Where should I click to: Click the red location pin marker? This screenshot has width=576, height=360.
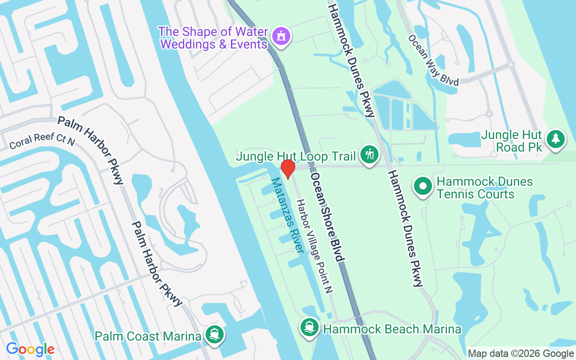pyautogui.click(x=288, y=168)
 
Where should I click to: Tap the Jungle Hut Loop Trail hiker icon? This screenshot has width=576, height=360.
pyautogui.click(x=369, y=155)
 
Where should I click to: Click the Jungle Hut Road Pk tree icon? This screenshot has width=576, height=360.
pyautogui.click(x=556, y=139)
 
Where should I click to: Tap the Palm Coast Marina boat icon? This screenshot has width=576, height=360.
pyautogui.click(x=214, y=335)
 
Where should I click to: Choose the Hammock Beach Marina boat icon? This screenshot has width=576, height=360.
pyautogui.click(x=309, y=328)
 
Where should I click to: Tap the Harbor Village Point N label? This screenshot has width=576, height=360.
pyautogui.click(x=314, y=246)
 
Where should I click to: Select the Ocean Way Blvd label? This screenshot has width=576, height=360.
pyautogui.click(x=433, y=60)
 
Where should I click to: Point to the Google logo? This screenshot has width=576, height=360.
pyautogui.click(x=31, y=349)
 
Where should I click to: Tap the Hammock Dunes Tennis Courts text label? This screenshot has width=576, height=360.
pyautogui.click(x=479, y=188)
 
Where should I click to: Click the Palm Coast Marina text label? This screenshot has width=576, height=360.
pyautogui.click(x=148, y=336)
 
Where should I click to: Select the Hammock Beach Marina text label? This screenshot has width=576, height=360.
pyautogui.click(x=392, y=329)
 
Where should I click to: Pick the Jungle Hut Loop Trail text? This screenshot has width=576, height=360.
pyautogui.click(x=296, y=156)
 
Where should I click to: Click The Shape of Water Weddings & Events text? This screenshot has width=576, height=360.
pyautogui.click(x=213, y=38)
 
